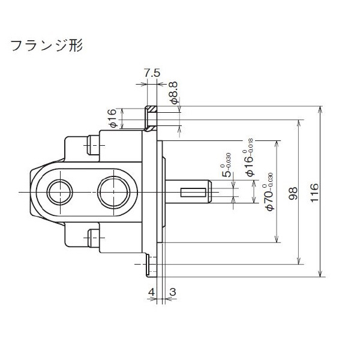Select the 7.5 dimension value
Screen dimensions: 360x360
click(152, 73)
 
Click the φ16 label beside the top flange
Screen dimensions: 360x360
click(112, 119)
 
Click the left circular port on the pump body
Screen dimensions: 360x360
click(59, 192)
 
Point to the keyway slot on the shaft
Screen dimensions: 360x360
click(193, 192)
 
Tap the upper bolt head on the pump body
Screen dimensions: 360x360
click(93, 144)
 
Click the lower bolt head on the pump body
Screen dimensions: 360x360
click(93, 238)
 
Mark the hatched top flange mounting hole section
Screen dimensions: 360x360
click(152, 118)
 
